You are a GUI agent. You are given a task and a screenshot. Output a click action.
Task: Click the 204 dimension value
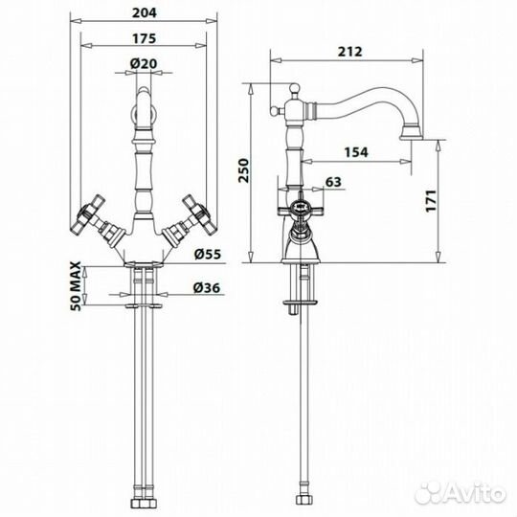(145, 12)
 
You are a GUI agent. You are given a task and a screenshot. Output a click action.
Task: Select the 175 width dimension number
(144, 38)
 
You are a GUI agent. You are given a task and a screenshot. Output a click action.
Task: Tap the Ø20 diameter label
(144, 63)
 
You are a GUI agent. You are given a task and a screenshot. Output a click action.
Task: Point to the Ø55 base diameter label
(207, 255)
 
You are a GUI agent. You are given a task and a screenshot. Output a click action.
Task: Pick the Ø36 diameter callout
(207, 288)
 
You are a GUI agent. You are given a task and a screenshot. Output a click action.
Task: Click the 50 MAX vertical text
(76, 286)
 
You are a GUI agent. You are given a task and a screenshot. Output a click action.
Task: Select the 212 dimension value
(349, 52)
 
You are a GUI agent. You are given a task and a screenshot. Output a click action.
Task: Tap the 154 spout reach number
(356, 152)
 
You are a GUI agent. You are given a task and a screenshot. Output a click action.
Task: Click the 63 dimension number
(333, 182)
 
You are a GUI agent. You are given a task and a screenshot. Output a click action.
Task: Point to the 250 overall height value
(244, 170)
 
